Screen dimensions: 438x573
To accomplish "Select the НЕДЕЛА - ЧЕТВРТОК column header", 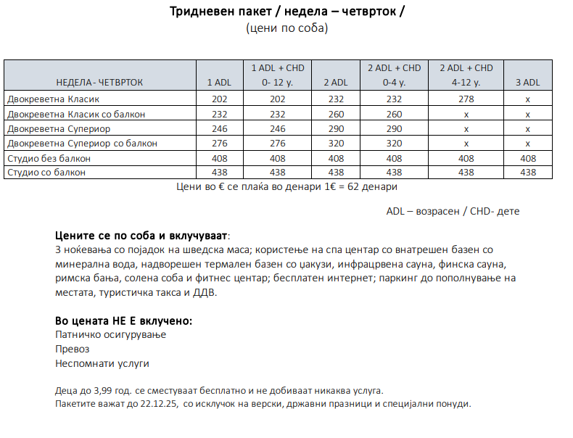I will (100, 83).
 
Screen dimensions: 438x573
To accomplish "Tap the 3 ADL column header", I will (528, 83).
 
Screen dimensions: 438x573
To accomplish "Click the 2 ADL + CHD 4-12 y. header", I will (466, 75).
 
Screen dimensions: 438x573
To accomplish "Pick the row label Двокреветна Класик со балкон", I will (76, 114).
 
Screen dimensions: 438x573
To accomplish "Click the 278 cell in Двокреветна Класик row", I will (466, 99).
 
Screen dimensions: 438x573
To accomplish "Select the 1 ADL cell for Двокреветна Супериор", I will (220, 129).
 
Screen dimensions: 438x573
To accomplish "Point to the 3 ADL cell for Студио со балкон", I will (528, 173).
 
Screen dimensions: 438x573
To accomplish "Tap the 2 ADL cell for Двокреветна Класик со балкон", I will (335, 114).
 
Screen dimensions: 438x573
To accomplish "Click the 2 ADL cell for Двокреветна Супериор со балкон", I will (335, 144).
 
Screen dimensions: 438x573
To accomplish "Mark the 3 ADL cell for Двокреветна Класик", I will (528, 99).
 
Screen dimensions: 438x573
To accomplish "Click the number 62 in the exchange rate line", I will (355, 187).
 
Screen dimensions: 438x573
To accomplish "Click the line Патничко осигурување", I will (111, 335).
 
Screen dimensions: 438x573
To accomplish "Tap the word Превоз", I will (73, 349).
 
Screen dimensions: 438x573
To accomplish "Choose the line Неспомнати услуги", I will (102, 363).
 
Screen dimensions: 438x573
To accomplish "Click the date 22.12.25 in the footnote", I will (157, 404).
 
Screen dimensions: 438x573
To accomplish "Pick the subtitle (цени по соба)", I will (287, 29).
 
